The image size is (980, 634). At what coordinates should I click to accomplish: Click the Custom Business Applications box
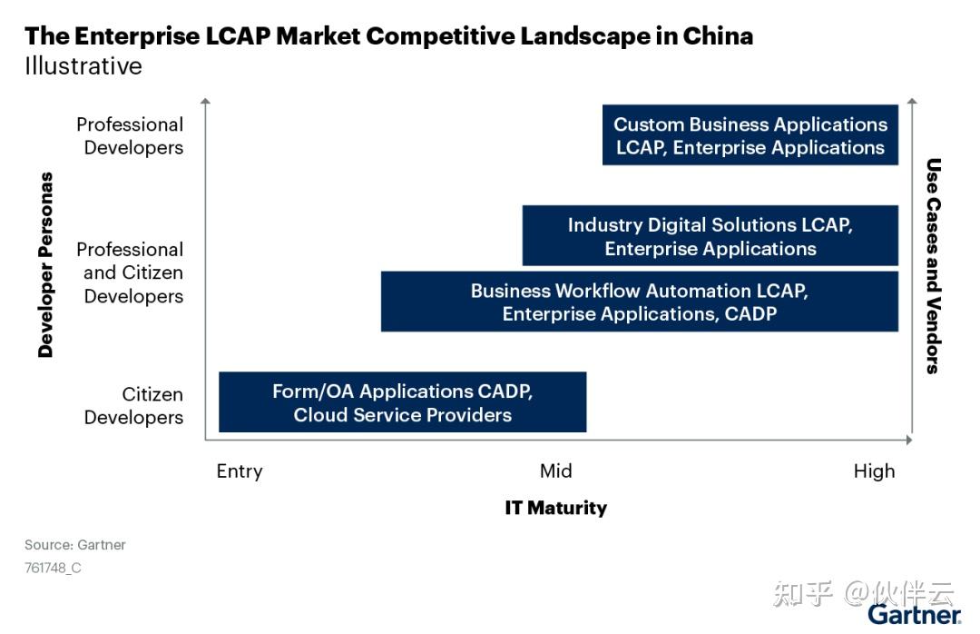750,135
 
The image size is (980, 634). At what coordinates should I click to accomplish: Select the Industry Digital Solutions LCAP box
710,236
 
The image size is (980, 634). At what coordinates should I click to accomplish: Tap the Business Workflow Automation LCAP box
640,302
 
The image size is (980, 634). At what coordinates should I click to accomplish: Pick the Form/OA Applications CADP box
403,402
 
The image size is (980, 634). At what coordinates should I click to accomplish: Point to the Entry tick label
240,471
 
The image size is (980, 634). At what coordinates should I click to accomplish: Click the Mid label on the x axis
556,471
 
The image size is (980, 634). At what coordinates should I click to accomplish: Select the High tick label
874,471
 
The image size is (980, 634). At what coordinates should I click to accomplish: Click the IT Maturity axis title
555,508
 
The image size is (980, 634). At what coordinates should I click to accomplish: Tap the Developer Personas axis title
45,264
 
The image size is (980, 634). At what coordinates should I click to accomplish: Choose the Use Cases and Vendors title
933,265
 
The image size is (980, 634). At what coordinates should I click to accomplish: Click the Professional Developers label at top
131,135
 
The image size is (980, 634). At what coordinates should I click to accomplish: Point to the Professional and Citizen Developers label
131,272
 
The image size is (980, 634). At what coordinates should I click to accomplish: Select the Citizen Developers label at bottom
134,405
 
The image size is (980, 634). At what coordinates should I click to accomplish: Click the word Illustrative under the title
83,66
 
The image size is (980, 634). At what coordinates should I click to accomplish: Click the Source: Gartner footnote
75,545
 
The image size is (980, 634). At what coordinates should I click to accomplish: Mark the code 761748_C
53,569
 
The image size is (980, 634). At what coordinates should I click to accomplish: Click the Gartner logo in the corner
914,615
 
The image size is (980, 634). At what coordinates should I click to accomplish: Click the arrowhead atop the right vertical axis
912,102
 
